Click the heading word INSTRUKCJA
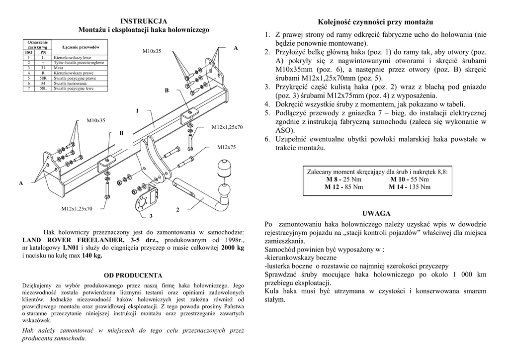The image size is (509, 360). coord(144,21)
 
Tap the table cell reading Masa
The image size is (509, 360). coord(60,68)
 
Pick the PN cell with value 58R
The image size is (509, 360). coord(43,78)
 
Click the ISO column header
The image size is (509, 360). coord(28,52)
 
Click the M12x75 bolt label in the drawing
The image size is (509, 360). coord(226,148)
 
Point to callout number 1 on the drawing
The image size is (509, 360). coord(137,110)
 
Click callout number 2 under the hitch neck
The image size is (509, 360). coord(177,209)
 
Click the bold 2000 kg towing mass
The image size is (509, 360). coord(233,248)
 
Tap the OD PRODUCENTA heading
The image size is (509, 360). coord(133,275)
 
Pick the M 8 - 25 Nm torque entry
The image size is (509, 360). coord(344,179)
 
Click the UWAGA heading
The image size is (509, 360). coord(376,213)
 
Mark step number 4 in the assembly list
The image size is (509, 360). coord(267,104)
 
